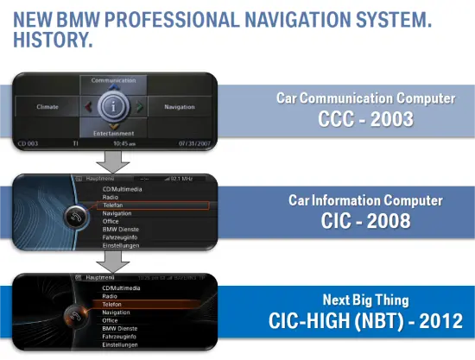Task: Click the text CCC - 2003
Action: [x=365, y=119]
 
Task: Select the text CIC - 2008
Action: [x=366, y=221]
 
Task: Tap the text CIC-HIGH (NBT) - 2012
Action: [x=365, y=321]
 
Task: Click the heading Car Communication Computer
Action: [x=365, y=98]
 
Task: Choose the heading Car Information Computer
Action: [x=365, y=200]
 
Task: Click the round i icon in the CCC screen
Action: [x=112, y=107]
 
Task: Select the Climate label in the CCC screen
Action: [x=47, y=107]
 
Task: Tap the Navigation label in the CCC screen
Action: [x=179, y=107]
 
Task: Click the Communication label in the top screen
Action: [x=113, y=80]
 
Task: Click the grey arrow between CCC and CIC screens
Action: [x=113, y=161]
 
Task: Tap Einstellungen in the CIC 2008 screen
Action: [x=120, y=245]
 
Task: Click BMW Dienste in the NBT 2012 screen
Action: [x=119, y=328]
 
